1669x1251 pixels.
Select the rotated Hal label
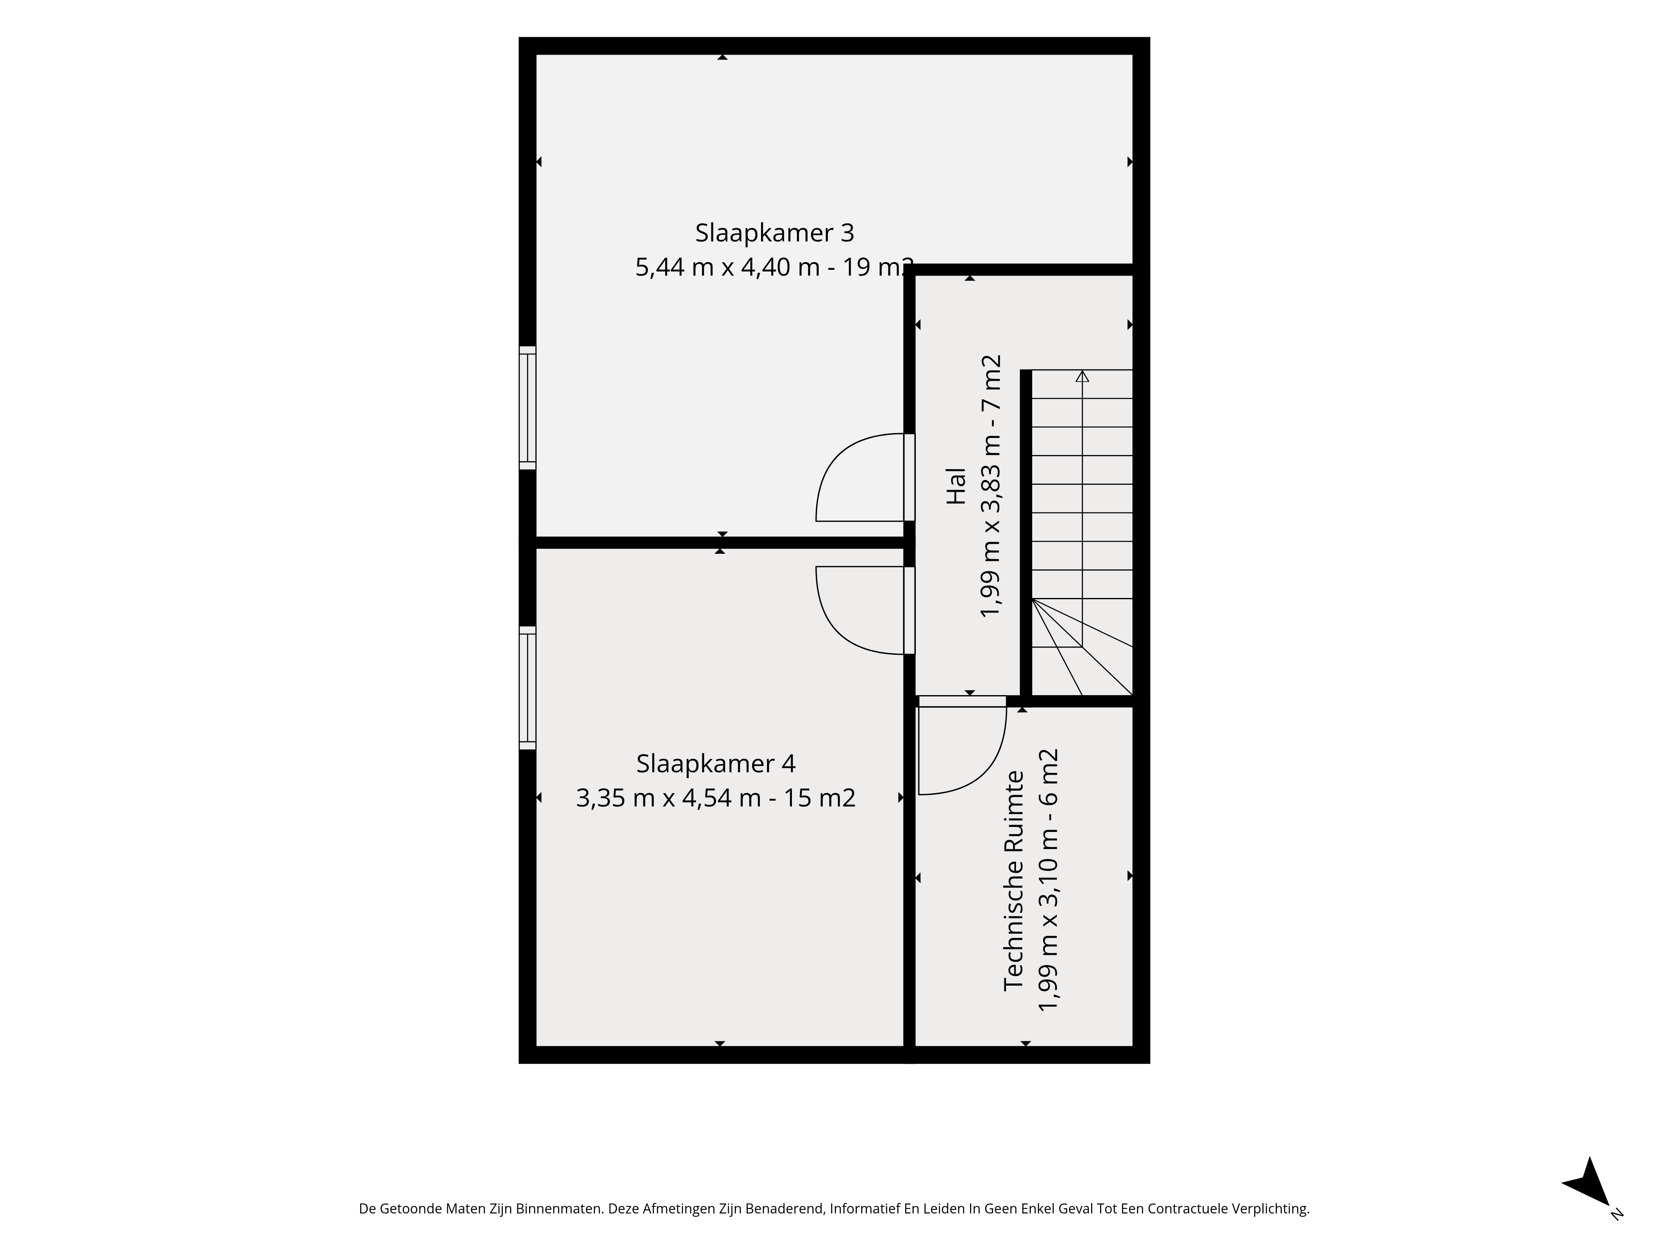coord(956,486)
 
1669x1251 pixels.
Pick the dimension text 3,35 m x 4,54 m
coord(668,798)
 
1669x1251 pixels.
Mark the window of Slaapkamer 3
coord(527,408)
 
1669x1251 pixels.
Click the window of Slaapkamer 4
coord(527,688)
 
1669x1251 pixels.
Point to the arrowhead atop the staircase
coord(1082,376)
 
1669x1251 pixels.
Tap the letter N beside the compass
coord(1616,1213)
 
